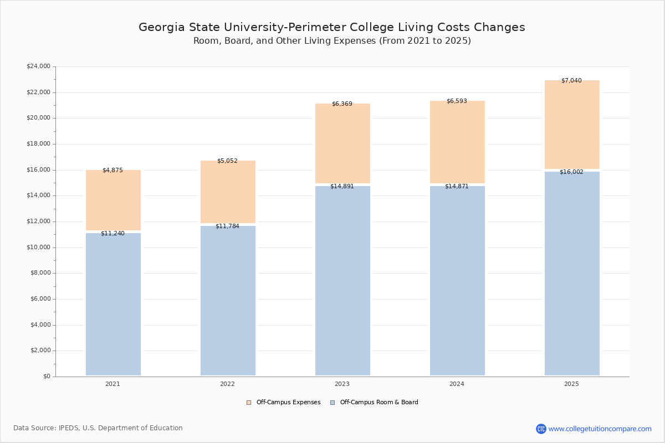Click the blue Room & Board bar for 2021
coord(113,305)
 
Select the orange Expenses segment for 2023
coord(342,144)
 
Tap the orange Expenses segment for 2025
coord(572,125)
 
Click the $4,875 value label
coord(112,170)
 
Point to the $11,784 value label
coord(227,226)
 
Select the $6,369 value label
coord(342,104)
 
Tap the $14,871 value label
coord(457,186)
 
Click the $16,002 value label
coord(571,172)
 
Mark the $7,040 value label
coord(571,80)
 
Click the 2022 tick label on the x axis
coord(227,384)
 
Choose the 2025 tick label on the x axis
coord(571,384)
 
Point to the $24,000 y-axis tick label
coord(38,66)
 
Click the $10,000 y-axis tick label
coord(38,247)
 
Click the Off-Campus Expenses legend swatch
coord(249,403)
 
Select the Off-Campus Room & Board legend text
coord(379,403)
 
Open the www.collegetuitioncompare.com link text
coord(600,429)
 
